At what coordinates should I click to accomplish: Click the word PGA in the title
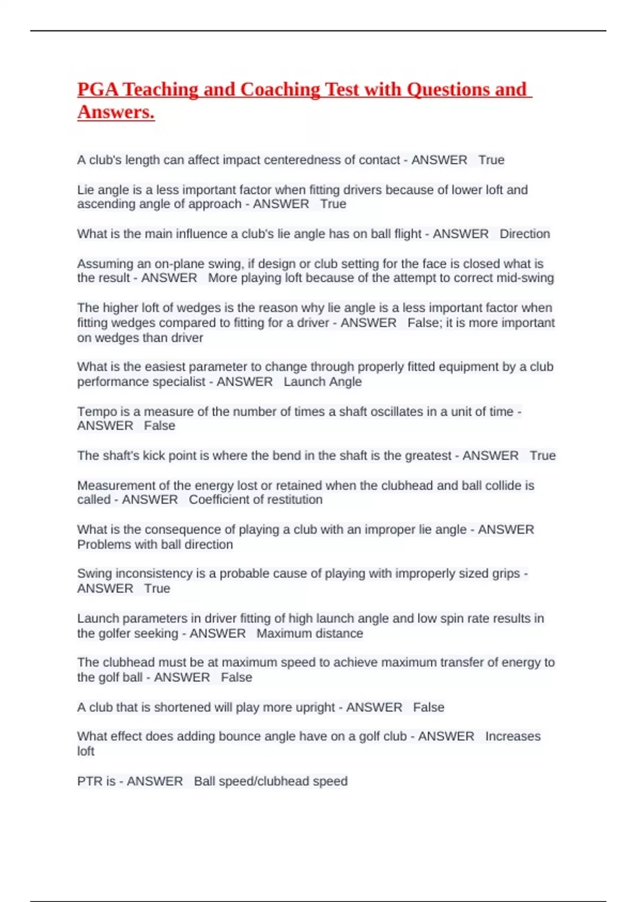coord(98,89)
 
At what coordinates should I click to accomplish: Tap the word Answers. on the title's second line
coord(116,112)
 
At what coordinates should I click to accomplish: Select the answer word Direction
coord(524,233)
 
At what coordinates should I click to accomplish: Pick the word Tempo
coord(97,411)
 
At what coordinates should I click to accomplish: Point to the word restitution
coord(294,499)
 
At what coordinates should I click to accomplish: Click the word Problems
coord(104,544)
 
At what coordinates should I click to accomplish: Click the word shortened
coord(183,707)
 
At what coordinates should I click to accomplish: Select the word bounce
coord(236,736)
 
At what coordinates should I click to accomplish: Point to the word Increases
coord(512,736)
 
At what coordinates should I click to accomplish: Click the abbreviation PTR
coord(90,781)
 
